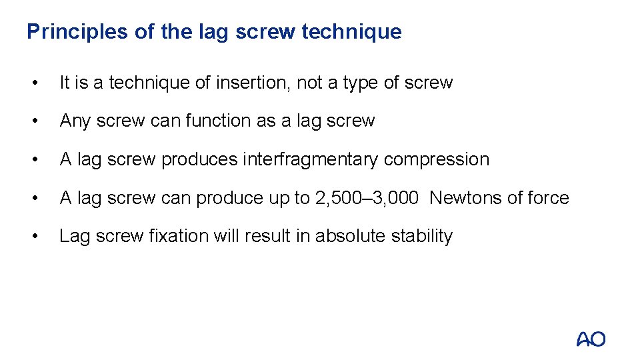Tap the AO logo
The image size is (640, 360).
(591, 339)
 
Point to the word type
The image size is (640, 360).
(361, 83)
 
